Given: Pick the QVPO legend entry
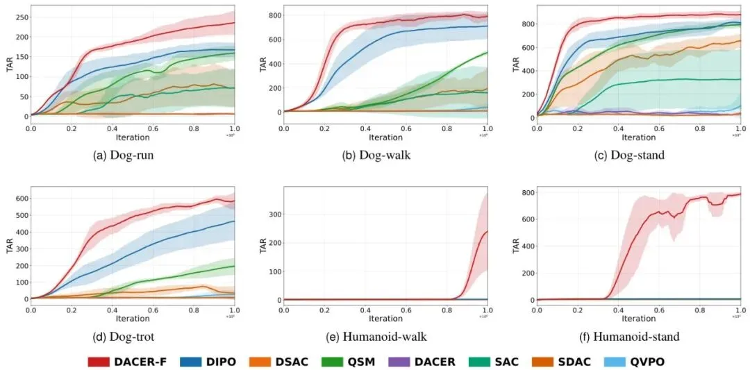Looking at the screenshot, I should click(x=647, y=361).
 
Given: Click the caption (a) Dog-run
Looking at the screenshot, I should click(x=123, y=155).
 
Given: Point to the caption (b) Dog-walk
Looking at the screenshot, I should click(x=376, y=155).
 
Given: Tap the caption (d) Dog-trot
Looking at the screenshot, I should click(x=123, y=337).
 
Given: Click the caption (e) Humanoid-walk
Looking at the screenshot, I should click(x=376, y=337).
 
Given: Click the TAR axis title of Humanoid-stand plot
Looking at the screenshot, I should click(x=516, y=247).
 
